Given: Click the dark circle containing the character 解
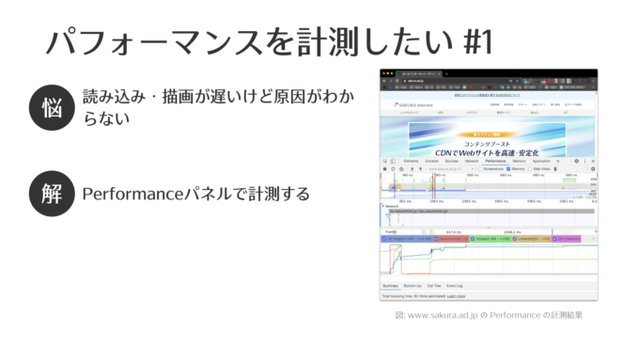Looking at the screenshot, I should (x=51, y=194).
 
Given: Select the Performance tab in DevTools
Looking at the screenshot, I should (x=495, y=161).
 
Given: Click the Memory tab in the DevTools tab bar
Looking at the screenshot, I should (x=520, y=161).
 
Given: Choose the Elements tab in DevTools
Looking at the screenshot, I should (x=411, y=161).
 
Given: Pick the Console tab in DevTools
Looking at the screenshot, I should (x=432, y=161).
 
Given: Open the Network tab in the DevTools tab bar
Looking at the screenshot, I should (x=472, y=161).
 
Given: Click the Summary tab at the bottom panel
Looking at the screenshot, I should (x=389, y=285).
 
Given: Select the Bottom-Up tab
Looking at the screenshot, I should (x=413, y=285).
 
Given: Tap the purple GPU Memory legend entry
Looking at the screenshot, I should (x=569, y=239).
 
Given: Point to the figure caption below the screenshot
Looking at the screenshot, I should (x=489, y=315).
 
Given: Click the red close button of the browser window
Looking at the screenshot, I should (x=383, y=72).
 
